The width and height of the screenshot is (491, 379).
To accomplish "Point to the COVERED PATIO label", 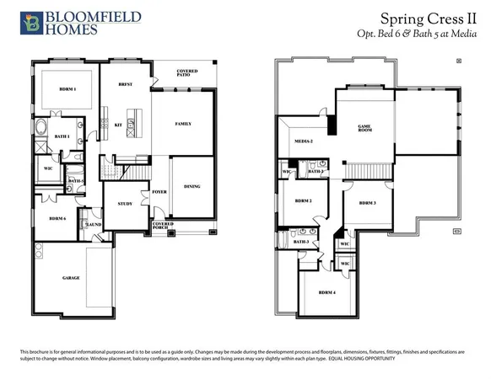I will click(187, 73).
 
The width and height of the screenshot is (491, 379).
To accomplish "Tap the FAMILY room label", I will click(183, 124).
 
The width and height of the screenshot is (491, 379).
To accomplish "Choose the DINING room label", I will click(192, 187).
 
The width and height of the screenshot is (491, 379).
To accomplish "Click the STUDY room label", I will click(125, 204).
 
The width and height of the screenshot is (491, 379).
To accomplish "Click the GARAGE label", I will click(71, 278).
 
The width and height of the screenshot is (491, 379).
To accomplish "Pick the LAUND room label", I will click(94, 225).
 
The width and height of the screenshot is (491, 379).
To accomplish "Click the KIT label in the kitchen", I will click(117, 125).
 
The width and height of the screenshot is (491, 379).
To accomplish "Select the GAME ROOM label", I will click(365, 129).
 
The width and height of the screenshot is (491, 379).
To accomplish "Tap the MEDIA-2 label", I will click(304, 141).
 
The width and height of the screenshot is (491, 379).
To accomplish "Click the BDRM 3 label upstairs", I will click(366, 203).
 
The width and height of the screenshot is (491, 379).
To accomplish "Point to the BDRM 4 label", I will click(327, 292).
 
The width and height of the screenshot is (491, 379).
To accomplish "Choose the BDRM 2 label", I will click(304, 201).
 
